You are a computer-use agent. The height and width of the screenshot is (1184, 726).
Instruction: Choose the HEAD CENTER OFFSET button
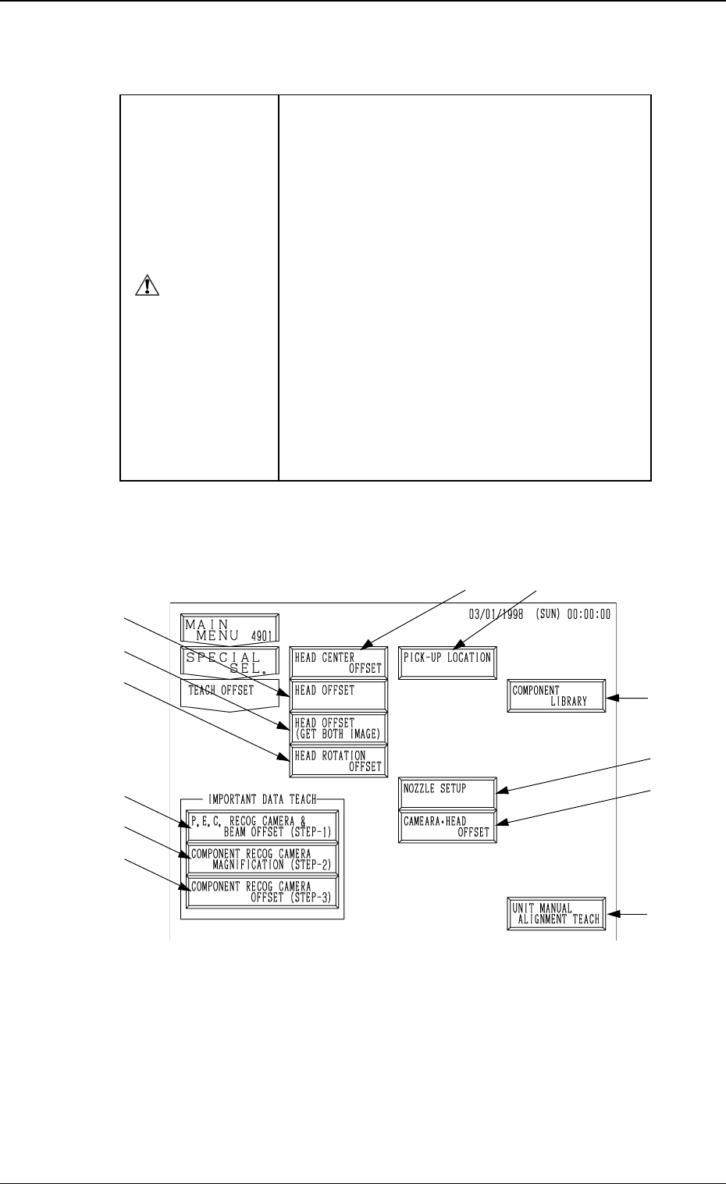tap(338, 663)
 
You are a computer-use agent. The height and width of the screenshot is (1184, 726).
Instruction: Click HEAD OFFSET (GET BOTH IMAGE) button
tap(338, 728)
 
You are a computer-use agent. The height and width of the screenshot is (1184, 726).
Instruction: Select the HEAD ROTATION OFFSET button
tap(338, 761)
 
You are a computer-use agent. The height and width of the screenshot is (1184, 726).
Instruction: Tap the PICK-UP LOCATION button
tap(447, 663)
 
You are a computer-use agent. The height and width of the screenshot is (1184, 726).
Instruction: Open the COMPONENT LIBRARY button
tap(557, 695)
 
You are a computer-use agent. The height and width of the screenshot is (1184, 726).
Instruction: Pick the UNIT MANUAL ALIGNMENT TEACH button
tap(557, 914)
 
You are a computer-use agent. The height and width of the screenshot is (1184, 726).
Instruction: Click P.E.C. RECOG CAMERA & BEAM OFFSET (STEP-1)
tap(262, 827)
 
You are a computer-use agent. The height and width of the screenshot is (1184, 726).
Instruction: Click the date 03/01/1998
tap(496, 614)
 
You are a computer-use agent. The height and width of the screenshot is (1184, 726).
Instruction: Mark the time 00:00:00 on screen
tap(589, 614)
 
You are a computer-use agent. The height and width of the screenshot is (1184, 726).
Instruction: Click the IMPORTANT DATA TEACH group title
tap(262, 800)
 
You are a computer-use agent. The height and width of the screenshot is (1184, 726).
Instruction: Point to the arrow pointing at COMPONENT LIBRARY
tap(628, 699)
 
